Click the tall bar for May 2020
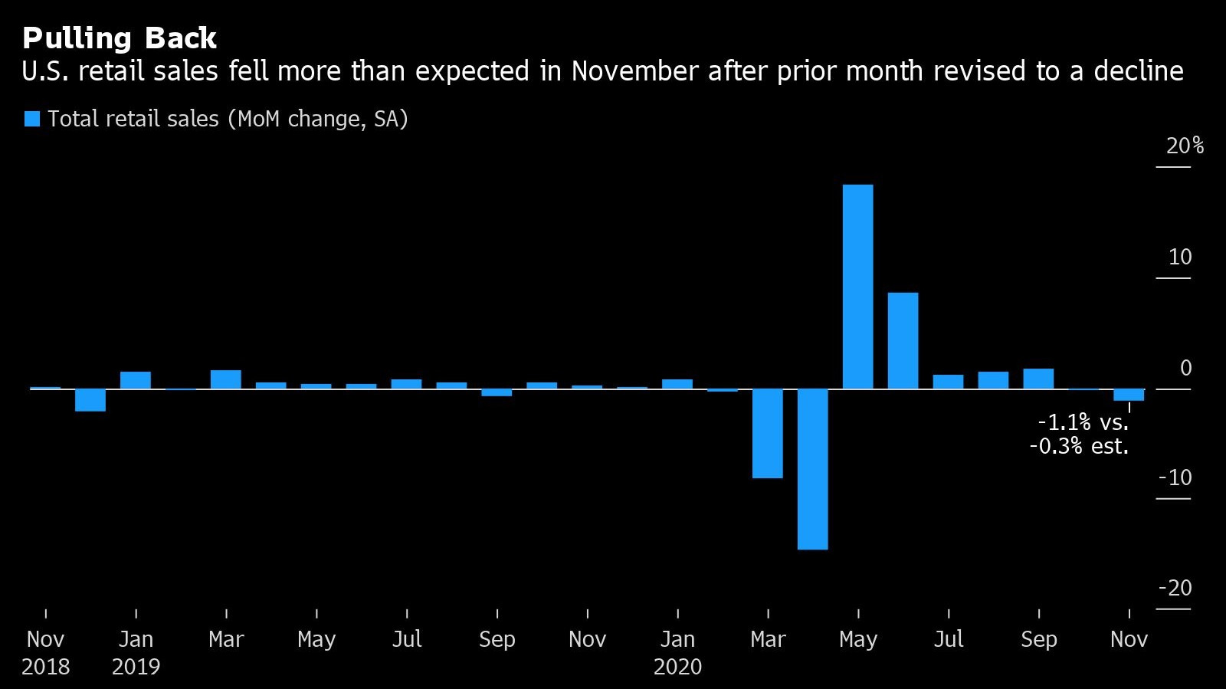(857, 287)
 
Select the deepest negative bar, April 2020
(812, 469)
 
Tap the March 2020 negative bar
(767, 434)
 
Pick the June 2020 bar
(903, 341)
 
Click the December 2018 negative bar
(90, 400)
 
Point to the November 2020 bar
(1129, 395)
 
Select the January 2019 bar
(136, 380)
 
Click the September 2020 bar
(1038, 379)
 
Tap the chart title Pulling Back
(120, 38)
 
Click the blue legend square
(32, 119)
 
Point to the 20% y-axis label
(1184, 146)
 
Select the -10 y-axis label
(1175, 477)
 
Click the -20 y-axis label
(1175, 589)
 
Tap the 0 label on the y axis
(1185, 368)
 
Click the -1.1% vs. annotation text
(1083, 422)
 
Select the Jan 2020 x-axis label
(677, 639)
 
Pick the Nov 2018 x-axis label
(45, 639)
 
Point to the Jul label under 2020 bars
(948, 639)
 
